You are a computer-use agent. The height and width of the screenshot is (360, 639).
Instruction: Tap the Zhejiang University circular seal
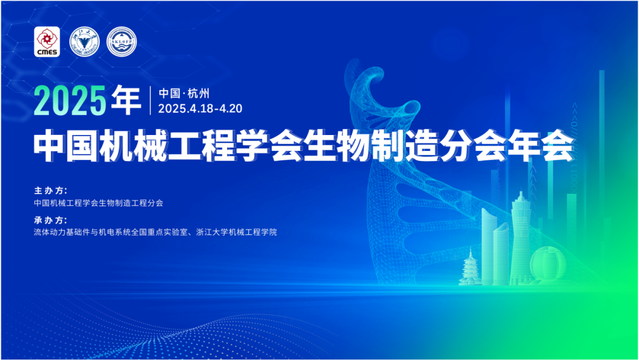[x=83, y=41]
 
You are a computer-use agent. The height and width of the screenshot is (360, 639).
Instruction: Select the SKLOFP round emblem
[x=121, y=41]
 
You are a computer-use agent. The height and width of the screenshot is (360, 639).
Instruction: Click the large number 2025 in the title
[x=70, y=101]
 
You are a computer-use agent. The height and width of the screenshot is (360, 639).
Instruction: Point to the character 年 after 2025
[x=125, y=101]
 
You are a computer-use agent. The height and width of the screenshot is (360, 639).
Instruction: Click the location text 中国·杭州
[x=185, y=94]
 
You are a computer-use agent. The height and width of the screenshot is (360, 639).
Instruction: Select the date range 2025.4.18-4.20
[x=201, y=108]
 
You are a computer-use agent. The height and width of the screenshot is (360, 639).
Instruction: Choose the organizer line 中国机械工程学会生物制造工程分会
[x=98, y=202]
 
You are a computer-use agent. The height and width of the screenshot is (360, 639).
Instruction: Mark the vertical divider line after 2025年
[x=151, y=101]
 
